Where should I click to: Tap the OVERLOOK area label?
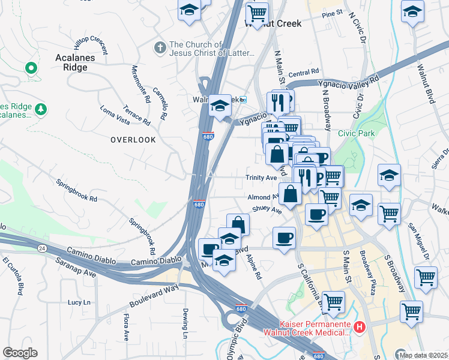133,140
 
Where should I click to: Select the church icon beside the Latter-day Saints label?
160,47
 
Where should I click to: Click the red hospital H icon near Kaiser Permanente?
360,328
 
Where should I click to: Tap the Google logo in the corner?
20,353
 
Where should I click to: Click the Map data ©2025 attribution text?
423,355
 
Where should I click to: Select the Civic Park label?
355,133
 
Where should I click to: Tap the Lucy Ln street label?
79,302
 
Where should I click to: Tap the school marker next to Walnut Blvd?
412,12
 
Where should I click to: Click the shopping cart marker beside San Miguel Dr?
426,277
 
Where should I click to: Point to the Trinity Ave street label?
261,178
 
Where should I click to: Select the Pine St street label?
331,13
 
